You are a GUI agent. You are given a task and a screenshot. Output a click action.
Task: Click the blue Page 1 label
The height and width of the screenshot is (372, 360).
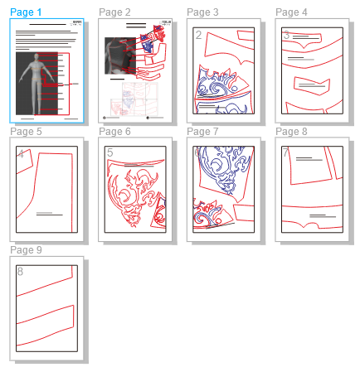point(27,12)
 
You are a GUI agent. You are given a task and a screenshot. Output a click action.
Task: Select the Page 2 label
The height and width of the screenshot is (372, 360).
point(114,12)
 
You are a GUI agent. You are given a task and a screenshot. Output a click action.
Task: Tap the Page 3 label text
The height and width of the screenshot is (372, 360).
point(202,12)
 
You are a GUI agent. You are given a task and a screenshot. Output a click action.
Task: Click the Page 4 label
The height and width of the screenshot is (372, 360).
point(291,12)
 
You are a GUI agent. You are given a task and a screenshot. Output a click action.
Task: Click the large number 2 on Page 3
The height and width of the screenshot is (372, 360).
point(198,35)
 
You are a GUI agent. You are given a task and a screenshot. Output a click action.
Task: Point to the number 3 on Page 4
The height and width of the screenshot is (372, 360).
point(286,36)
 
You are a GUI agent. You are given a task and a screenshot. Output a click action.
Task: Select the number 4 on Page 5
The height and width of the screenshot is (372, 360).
point(21,154)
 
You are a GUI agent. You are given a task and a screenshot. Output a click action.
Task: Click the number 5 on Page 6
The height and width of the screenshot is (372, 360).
point(109,153)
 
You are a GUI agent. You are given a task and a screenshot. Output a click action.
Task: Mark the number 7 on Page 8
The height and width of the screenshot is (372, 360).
point(286,153)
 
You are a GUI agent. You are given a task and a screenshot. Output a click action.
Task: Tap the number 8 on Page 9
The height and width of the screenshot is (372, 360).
point(21,272)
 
